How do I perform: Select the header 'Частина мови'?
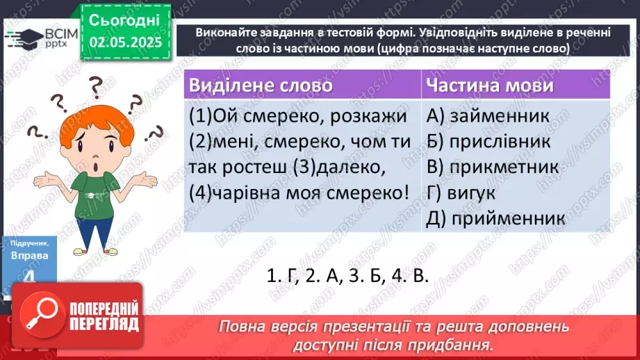pos(490,85)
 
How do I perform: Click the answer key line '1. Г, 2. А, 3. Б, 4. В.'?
pos(347,275)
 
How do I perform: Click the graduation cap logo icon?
pos(21,37)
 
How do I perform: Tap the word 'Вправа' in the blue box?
pos(30,255)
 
